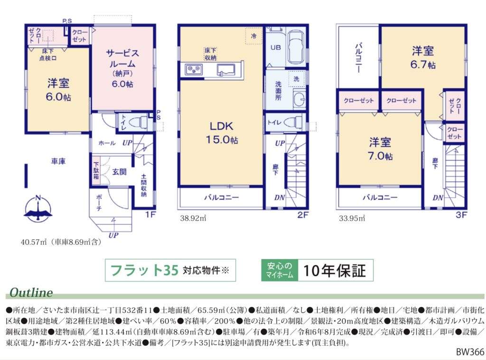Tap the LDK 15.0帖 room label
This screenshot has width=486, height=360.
[x=222, y=133]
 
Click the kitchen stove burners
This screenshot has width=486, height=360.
[x=194, y=69]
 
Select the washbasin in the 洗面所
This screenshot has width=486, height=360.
[x=299, y=99]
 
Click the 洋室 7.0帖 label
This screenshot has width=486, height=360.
[x=380, y=149]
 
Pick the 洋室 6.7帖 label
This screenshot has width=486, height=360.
[x=423, y=57]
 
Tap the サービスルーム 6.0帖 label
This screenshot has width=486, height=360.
[x=123, y=68]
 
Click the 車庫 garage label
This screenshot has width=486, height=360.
[x=58, y=161]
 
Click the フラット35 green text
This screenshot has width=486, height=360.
[x=144, y=270]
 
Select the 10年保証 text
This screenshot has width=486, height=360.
[x=335, y=270]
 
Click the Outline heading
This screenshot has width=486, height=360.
[x=31, y=293]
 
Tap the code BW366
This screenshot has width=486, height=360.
[x=470, y=352]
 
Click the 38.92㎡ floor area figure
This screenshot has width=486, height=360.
[x=193, y=218]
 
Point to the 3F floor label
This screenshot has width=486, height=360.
[x=461, y=214]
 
